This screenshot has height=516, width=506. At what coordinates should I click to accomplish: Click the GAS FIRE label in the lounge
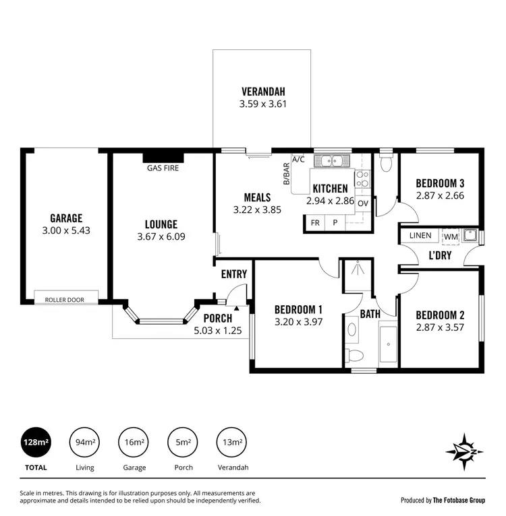163,168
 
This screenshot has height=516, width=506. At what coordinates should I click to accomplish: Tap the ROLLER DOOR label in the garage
65,299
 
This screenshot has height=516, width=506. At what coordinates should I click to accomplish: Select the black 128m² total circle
36,442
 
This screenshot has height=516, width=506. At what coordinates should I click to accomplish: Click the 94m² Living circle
84,442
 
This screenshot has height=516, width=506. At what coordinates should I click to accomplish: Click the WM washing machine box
451,236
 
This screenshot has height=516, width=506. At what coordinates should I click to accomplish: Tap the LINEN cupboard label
420,236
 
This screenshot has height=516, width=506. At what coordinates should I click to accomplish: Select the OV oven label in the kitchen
363,203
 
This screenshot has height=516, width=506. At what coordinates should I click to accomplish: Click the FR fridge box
315,222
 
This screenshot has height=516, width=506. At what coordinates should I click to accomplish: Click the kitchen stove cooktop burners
362,178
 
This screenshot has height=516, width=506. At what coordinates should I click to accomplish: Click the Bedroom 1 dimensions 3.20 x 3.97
298,322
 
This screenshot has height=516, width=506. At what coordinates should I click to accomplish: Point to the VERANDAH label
264,92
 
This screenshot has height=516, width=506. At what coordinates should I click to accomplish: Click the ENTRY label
233,274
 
